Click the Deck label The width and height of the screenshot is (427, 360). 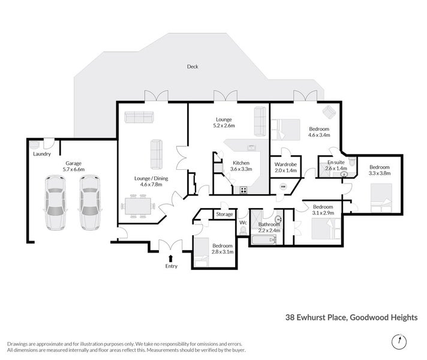tap(192, 67)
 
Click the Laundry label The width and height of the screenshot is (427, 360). tap(42, 154)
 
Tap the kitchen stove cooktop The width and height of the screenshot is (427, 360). tap(244, 190)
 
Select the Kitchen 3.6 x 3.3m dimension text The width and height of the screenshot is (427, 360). tap(237, 169)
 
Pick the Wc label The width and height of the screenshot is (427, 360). tap(243, 223)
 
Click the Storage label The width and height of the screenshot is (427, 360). tap(224, 214)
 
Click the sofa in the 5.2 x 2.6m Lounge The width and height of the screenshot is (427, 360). tap(260, 121)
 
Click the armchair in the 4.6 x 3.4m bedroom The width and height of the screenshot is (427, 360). tap(329, 112)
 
